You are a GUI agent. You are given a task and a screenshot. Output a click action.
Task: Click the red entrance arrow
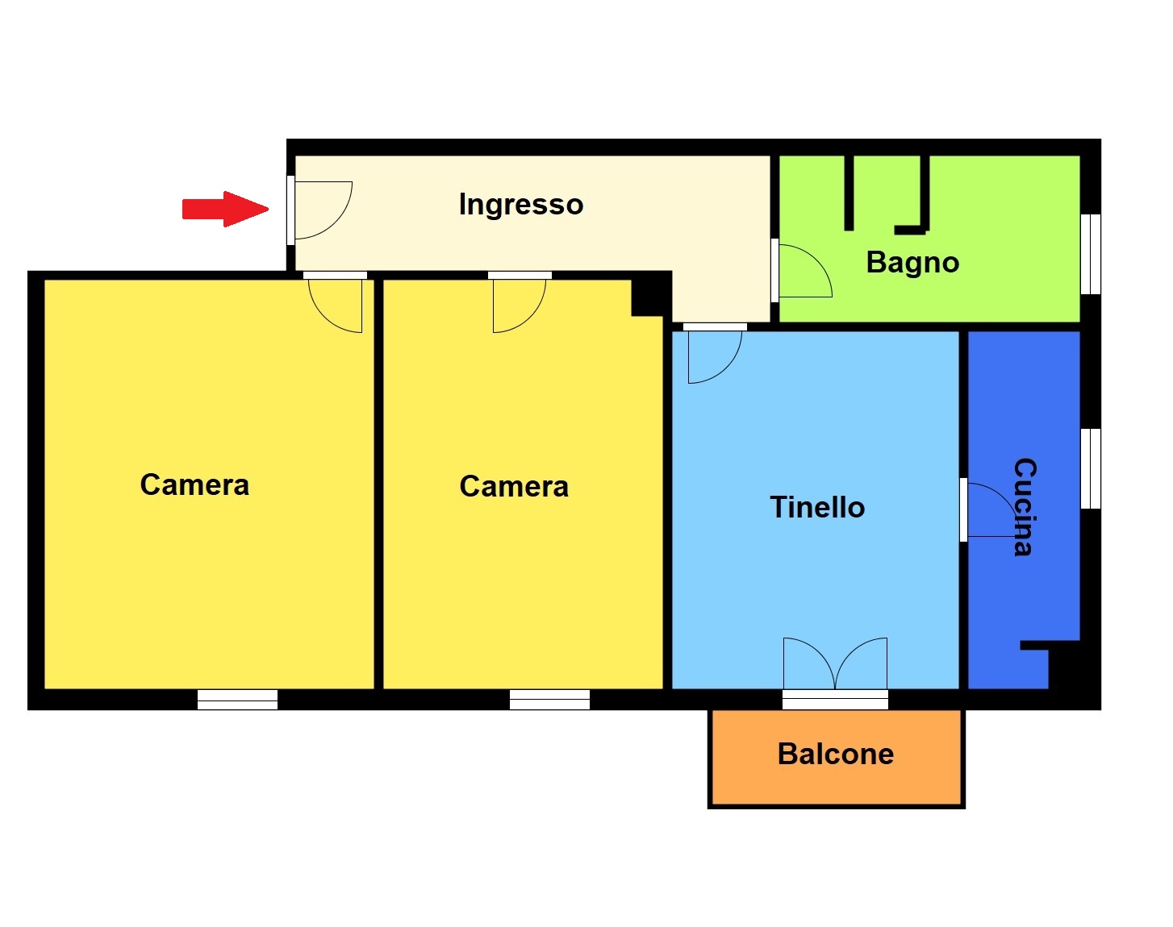(x=225, y=209)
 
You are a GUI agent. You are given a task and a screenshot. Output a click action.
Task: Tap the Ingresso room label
(x=521, y=205)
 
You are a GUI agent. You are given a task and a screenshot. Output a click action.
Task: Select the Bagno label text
(x=912, y=263)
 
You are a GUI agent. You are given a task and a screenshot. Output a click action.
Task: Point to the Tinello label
(x=817, y=507)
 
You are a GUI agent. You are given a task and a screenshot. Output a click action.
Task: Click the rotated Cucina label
(x=1025, y=506)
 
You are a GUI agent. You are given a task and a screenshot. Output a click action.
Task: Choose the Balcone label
(x=836, y=754)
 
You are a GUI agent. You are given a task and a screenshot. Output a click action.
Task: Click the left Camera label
(x=194, y=484)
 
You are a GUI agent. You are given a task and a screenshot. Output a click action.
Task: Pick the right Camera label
(x=514, y=486)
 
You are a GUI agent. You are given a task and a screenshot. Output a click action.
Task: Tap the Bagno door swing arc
(x=817, y=261)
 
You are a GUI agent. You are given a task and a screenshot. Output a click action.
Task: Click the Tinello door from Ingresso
(x=728, y=369)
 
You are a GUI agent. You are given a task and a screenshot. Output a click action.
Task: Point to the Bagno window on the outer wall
(x=1090, y=255)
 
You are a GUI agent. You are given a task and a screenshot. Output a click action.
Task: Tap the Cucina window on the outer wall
(x=1090, y=469)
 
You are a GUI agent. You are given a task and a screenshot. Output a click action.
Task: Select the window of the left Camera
(x=237, y=700)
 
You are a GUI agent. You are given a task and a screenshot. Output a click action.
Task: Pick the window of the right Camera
(x=549, y=700)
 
